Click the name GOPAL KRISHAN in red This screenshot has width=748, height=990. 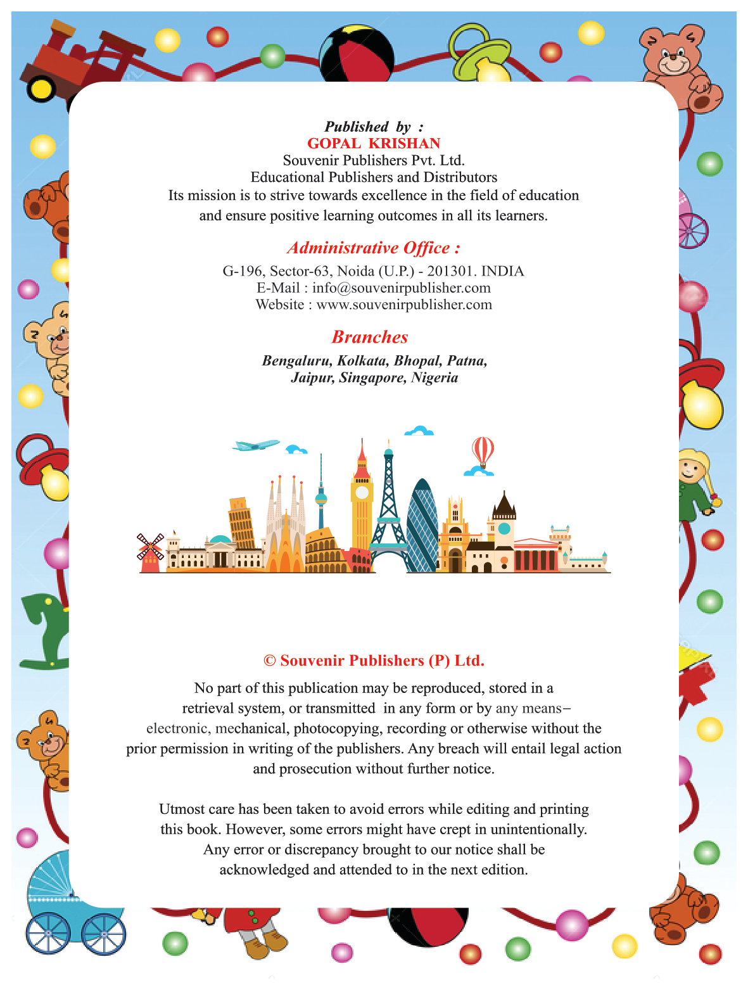tap(374, 144)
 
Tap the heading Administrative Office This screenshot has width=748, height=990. tap(373, 248)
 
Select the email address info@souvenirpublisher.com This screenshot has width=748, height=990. tap(402, 288)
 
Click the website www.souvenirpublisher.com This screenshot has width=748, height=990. tap(404, 305)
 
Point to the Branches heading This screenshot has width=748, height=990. tap(370, 337)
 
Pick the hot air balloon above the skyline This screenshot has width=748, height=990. tap(483, 451)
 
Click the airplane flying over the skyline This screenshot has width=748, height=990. tap(256, 445)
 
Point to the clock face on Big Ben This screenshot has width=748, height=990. tap(362, 493)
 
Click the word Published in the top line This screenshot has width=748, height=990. tap(357, 127)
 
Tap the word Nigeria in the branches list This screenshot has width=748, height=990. tap(434, 378)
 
